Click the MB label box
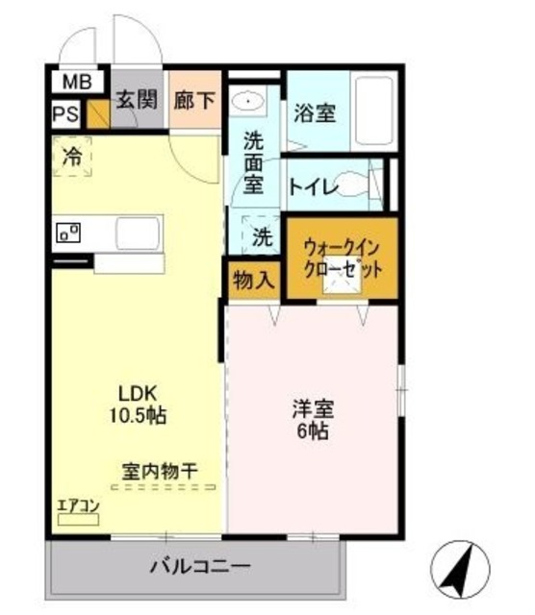point(74,84)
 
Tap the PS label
point(66,114)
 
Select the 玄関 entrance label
point(138,100)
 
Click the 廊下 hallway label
point(194,100)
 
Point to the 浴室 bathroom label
point(315,113)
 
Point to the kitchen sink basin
point(139,234)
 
